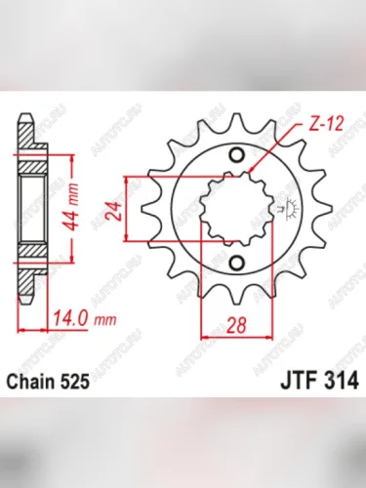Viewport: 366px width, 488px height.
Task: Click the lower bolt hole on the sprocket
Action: tap(237, 261)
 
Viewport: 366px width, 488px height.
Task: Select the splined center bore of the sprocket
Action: tap(237, 209)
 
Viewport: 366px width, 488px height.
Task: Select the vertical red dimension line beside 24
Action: tap(127, 209)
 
